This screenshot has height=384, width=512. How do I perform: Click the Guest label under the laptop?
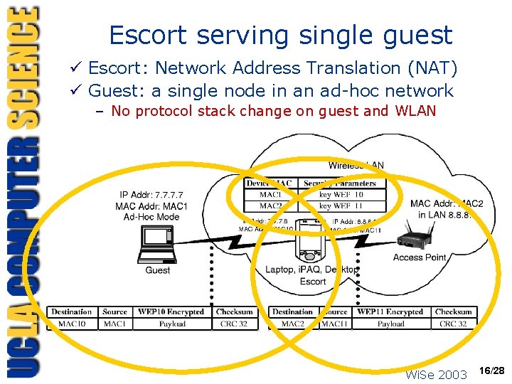157,270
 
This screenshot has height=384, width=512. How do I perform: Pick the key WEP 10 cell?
341,195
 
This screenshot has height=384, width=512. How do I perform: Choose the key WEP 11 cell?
341,206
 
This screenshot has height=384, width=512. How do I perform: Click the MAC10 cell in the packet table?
72,324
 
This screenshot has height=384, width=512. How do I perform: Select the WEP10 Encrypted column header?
171,312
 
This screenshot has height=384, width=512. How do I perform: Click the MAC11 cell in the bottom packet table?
334,324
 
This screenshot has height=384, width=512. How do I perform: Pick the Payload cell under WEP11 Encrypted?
390,324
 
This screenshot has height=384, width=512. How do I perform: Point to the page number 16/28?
491,370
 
